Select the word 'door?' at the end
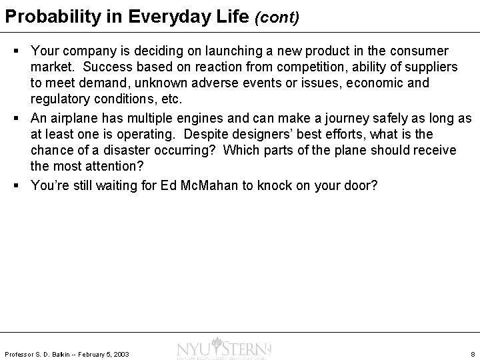[361, 185]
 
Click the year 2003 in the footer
[121, 354]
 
